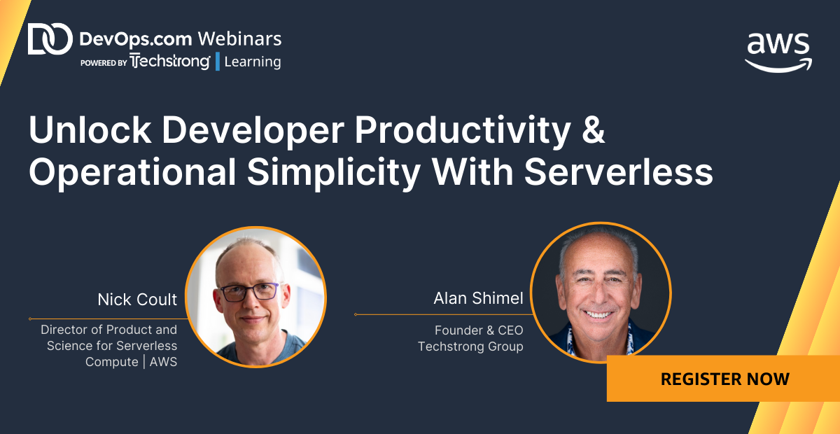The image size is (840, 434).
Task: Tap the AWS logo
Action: point(778,52)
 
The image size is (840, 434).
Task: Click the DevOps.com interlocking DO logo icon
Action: point(50,38)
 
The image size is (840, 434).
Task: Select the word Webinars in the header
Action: point(239,39)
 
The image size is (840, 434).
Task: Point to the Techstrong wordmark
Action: point(170,62)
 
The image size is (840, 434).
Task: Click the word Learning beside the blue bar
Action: point(253,62)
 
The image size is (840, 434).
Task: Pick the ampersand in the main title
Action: point(594,129)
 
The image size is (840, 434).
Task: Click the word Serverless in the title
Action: point(618,171)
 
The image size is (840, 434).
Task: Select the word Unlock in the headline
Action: point(90,129)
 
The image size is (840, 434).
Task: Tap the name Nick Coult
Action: point(137,300)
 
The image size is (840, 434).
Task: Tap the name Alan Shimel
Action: point(478,298)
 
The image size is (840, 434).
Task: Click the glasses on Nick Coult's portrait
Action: point(249,292)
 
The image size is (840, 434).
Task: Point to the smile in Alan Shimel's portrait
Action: point(599,314)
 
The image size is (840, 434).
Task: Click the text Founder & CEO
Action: point(479,330)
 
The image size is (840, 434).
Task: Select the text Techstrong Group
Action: point(470,346)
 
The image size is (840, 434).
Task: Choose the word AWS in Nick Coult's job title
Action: point(164,362)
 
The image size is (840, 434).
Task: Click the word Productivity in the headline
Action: point(463,130)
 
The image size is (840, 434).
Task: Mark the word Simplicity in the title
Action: point(334,172)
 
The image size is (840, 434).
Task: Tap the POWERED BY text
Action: point(104,63)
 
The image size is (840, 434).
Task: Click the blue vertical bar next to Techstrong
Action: point(218,62)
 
